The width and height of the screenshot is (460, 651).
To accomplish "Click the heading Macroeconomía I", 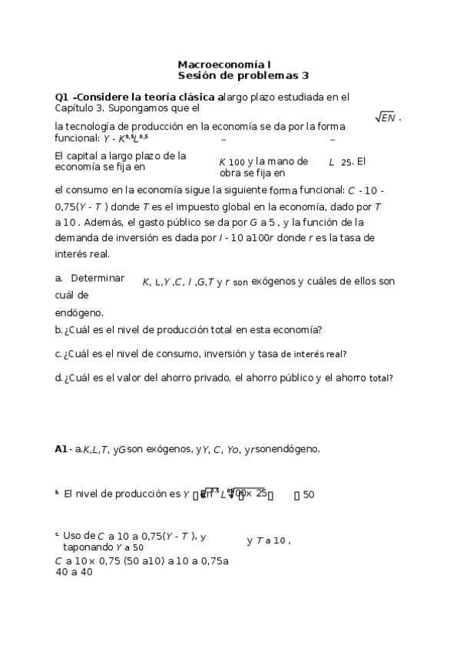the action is tap(223, 65).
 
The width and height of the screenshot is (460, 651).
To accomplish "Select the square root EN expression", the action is tap(386, 117).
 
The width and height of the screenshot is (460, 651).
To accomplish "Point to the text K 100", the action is tap(231, 162).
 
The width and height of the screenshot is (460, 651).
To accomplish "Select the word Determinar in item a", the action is tap(97, 278).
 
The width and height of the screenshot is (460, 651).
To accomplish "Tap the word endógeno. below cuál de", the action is tap(79, 312).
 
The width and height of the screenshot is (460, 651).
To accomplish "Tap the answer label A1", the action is tap(61, 449).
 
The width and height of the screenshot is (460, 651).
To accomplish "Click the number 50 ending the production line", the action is tap(308, 494).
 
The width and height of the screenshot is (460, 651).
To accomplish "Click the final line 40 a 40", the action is tap(74, 572).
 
